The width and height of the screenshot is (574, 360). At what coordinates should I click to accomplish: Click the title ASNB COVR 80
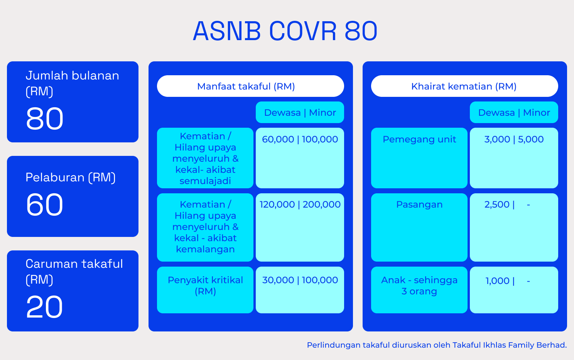[285, 31]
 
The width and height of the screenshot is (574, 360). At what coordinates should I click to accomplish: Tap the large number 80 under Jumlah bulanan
[44, 118]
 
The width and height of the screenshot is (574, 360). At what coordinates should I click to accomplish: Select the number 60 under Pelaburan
[44, 205]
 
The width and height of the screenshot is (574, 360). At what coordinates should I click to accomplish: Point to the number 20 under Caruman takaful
[44, 307]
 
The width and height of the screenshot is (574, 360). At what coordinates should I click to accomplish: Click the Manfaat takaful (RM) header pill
[250, 86]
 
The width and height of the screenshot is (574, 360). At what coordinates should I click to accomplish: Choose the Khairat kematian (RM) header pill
[464, 86]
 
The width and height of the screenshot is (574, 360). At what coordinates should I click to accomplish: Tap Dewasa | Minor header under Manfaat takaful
[300, 113]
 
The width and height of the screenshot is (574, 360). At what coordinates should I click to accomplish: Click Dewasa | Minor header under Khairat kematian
[514, 113]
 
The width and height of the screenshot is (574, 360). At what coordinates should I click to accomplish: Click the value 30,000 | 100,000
[300, 280]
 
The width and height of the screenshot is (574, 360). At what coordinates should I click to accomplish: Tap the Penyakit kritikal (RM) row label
[205, 286]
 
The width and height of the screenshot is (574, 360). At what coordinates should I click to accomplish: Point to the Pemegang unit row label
[419, 139]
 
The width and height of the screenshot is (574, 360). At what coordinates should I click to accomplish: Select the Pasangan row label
[419, 205]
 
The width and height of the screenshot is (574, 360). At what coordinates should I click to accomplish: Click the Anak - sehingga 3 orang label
[419, 286]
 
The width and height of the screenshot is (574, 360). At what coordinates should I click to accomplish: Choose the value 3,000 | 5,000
[514, 139]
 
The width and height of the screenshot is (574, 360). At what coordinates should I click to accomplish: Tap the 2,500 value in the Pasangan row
[496, 205]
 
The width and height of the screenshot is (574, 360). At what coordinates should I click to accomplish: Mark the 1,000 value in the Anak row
[497, 281]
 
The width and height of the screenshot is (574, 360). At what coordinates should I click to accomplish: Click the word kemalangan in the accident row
[205, 249]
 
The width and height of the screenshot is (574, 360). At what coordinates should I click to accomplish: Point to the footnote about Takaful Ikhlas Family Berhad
[437, 345]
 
